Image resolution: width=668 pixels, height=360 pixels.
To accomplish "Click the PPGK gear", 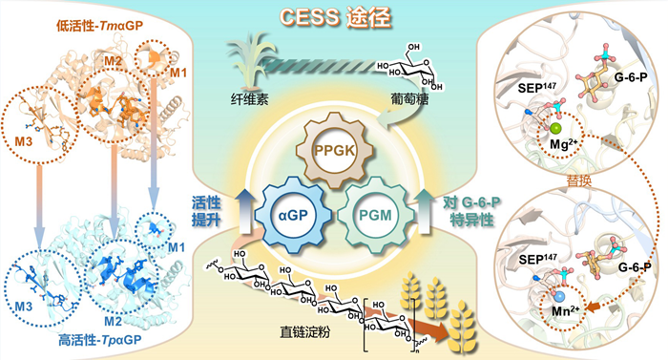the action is coord(335,150).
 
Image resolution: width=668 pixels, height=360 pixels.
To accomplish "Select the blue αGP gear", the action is coord(293,215).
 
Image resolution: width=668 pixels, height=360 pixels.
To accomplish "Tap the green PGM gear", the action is coord(375,215).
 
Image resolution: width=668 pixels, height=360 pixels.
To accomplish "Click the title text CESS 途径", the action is coord(335,18).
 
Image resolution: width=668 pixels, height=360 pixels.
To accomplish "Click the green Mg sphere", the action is coord(554,128).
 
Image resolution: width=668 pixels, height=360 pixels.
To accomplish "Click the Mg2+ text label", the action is coord(563,144).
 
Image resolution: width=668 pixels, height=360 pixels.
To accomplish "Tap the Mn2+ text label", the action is coord(566,311).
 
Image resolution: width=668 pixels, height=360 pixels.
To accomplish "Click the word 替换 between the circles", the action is coord(579,180).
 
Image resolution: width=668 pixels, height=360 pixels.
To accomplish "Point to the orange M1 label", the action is coord(178,73).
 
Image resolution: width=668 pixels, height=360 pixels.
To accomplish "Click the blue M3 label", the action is coord(24,307).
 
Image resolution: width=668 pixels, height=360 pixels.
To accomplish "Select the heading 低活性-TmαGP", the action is coord(100,26).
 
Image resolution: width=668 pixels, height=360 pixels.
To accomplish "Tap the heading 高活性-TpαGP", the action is coord(100,340).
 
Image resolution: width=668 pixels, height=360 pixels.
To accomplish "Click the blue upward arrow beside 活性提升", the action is coord(245,210).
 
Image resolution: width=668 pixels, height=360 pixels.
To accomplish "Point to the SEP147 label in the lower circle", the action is coord(537,259).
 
